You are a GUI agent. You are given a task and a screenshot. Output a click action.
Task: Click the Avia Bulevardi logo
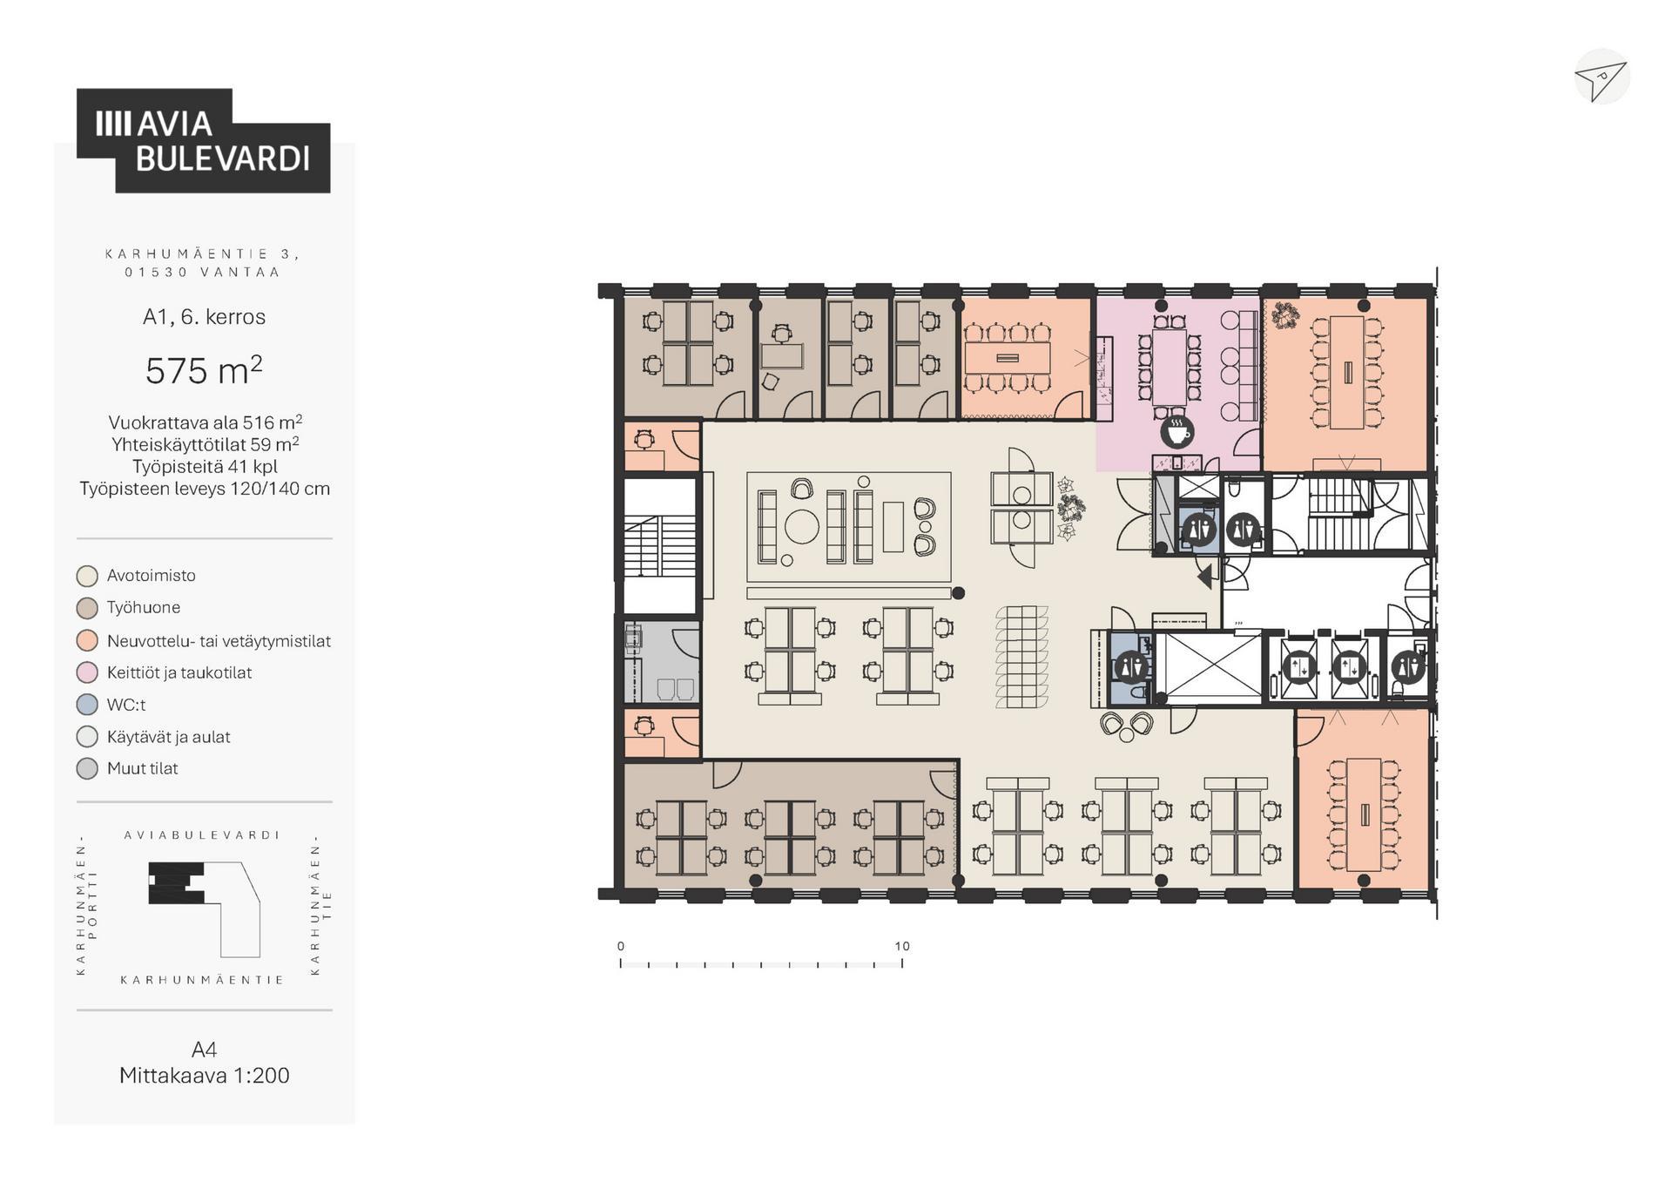point(203,140)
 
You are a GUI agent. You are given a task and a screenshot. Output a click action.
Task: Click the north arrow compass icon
point(1601,78)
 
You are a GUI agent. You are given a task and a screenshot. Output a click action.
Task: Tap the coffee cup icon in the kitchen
point(1176,431)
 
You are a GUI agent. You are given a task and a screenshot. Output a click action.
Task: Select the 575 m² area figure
point(204,370)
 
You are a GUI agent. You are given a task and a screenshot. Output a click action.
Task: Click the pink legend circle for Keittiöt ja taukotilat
point(87,672)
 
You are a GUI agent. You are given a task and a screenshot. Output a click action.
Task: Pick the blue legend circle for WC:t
point(87,705)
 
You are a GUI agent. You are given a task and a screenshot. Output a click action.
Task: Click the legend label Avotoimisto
point(152,576)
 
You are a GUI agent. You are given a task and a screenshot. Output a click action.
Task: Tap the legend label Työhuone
point(144,607)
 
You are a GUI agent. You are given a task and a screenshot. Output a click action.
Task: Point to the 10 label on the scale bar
point(902,946)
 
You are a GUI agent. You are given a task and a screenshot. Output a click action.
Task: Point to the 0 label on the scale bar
point(621,946)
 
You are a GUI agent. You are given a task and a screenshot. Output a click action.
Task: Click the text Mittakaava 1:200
point(205,1075)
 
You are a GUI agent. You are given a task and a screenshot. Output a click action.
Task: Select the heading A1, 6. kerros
point(205,316)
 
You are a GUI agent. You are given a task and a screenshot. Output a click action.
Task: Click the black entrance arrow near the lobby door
point(1205,576)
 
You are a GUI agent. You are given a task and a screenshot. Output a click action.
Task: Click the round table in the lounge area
point(802,525)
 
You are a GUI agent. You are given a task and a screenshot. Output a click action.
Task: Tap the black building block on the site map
point(176,882)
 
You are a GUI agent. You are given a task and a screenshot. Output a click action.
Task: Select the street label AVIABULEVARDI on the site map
point(203,834)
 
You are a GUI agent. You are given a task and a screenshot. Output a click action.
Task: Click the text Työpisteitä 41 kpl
point(205,466)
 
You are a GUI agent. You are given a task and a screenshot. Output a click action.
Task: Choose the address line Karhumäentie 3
point(203,253)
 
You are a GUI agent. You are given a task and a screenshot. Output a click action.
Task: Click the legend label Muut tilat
point(143,768)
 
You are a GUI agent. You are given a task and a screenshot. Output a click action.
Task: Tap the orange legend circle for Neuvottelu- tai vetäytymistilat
point(87,641)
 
